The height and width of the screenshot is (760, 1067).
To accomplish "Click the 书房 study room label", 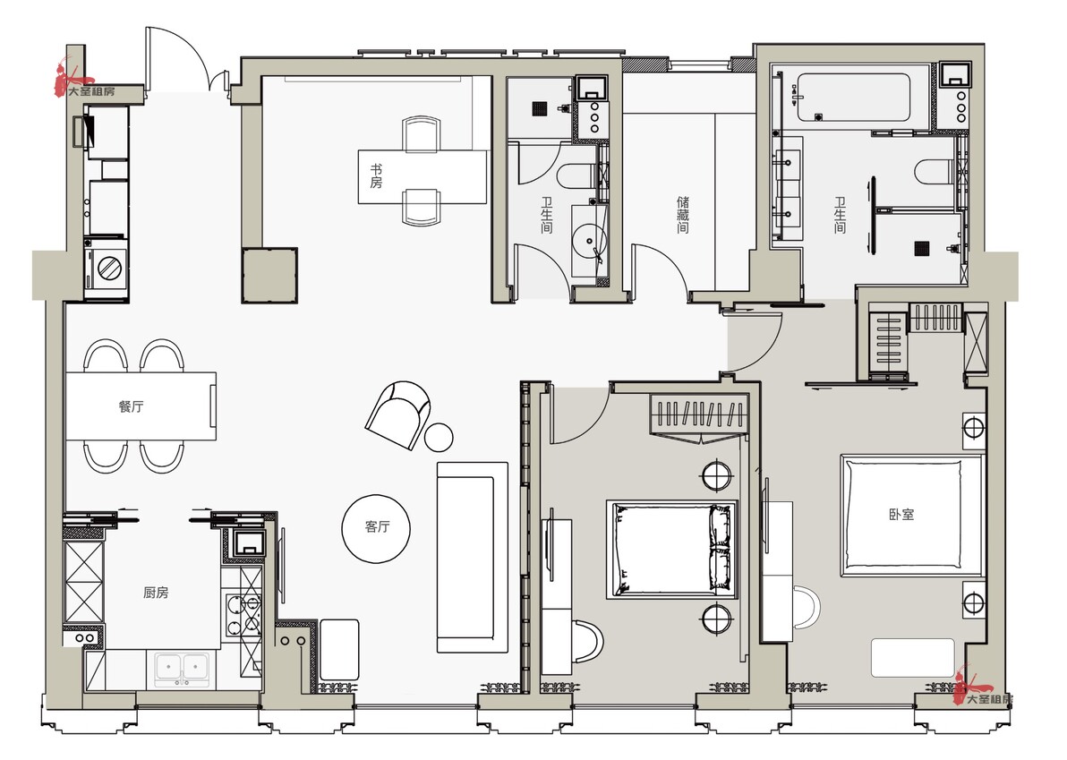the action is coord(376,176).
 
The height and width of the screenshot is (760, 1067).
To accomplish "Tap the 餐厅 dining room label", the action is coord(132,407).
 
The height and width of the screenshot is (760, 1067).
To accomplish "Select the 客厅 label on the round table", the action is coord(377,526).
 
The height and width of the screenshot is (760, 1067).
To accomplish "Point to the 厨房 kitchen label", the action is coord(156,593).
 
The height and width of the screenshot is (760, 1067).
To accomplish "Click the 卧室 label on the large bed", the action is coord(901,515).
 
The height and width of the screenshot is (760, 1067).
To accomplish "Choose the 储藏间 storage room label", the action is coord(682,215).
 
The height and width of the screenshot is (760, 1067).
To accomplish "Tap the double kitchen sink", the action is coord(182,668).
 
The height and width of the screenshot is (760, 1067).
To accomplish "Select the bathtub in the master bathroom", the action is coord(853,98).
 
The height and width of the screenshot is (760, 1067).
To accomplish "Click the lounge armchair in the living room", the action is coord(398,414).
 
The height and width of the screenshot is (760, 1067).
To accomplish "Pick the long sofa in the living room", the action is coord(473,558).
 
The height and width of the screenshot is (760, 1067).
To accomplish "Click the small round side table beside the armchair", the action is coord(439,438).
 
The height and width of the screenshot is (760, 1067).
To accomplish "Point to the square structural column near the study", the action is coord(269,275).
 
